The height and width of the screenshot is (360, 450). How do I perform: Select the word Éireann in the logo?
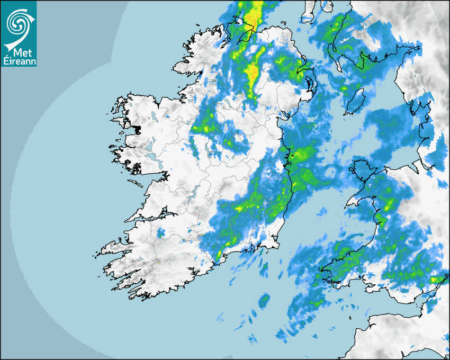19,60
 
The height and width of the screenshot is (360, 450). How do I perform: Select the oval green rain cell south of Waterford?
264,302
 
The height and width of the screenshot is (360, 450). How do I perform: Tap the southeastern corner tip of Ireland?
277,245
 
